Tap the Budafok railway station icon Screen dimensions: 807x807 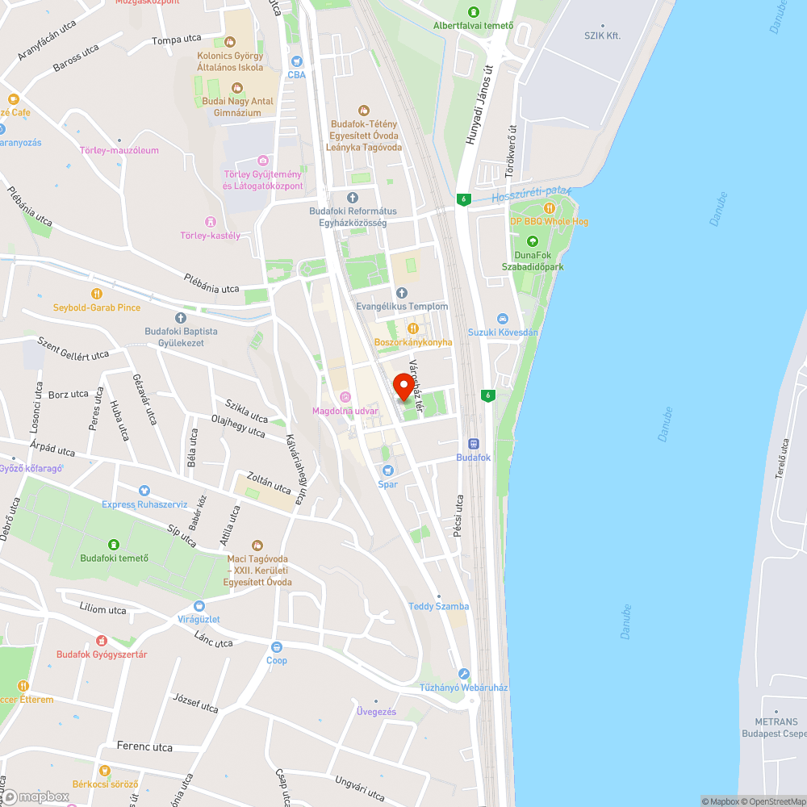click(x=474, y=443)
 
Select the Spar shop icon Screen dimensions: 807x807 click(x=387, y=470)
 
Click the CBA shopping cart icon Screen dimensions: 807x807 click(x=297, y=61)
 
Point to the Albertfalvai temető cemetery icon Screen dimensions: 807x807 click(x=473, y=12)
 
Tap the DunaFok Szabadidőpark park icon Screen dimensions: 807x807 click(x=532, y=241)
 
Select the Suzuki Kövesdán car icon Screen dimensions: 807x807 click(x=503, y=319)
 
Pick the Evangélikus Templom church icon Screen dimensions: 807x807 click(x=402, y=293)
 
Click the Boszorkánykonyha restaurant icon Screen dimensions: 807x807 click(x=412, y=328)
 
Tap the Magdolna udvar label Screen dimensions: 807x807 click(x=345, y=411)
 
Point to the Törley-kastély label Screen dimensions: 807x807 click(x=211, y=235)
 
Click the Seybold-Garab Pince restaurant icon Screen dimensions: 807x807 click(x=97, y=294)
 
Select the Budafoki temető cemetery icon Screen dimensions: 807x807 click(x=113, y=544)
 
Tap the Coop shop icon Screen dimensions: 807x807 click(x=277, y=646)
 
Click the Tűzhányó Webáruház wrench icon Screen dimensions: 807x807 click(x=463, y=674)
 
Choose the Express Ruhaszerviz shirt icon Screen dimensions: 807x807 click(x=144, y=491)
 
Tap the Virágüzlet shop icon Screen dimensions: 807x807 click(x=199, y=605)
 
